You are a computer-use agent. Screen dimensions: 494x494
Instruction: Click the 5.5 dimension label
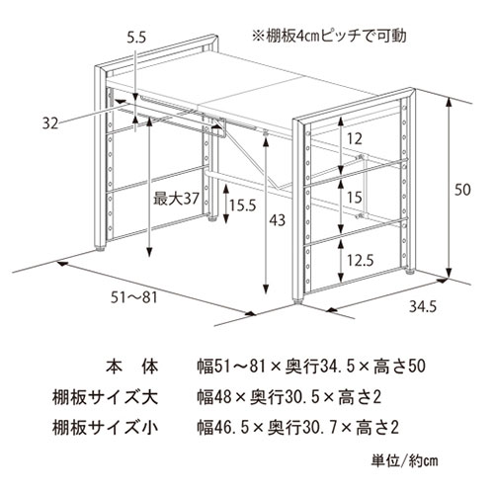[136, 38]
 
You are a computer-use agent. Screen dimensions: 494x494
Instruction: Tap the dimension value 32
[50, 123]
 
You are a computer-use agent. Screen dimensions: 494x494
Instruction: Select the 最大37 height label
[176, 199]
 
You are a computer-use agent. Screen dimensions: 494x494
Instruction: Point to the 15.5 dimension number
[243, 206]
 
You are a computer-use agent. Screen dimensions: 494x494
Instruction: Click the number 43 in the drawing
[277, 220]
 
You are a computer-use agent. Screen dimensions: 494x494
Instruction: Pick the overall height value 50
[462, 190]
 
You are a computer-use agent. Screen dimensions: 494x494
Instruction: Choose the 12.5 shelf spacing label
[361, 261]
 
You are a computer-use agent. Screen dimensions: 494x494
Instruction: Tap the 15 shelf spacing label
[355, 198]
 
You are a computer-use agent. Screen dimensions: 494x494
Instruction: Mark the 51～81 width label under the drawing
[134, 297]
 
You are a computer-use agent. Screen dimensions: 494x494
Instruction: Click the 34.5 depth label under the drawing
[423, 306]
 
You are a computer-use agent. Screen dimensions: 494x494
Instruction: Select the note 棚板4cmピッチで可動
[329, 36]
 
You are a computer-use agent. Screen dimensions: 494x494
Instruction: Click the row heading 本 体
[132, 367]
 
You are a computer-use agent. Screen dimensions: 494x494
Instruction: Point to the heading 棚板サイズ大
[105, 397]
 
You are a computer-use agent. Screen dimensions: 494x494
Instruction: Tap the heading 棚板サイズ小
[105, 428]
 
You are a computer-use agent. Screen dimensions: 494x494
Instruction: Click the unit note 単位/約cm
[405, 460]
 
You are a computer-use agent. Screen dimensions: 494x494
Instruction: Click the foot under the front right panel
[298, 301]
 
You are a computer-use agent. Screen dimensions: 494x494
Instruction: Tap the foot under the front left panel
[100, 249]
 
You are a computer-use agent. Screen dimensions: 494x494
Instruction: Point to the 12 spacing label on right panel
[355, 138]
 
